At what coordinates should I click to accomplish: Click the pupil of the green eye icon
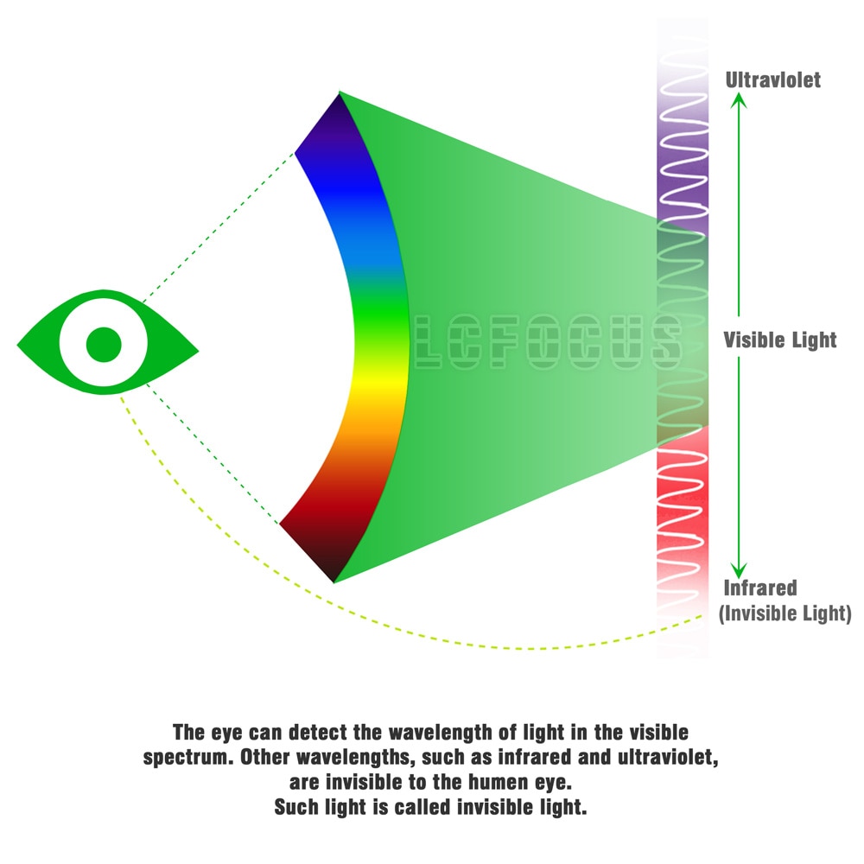[104, 345]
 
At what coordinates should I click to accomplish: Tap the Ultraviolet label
[772, 80]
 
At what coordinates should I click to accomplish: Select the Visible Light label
[779, 340]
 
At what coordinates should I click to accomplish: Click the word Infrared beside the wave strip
[759, 588]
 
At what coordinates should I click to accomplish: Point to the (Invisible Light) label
[785, 613]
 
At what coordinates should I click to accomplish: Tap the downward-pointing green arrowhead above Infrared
[739, 570]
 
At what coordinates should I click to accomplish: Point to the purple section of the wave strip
[683, 165]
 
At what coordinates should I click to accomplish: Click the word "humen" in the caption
[499, 782]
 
